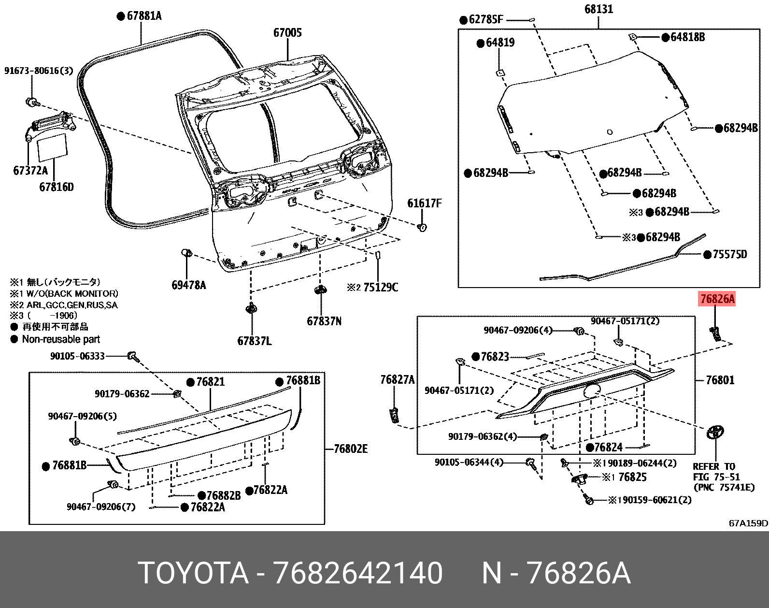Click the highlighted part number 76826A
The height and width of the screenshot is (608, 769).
(717, 299)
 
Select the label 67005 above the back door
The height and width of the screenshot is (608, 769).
(287, 33)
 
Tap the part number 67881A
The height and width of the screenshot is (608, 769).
(144, 16)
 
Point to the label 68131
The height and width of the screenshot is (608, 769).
(598, 9)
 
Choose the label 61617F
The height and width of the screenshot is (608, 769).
(424, 203)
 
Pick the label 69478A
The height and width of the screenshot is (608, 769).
(188, 285)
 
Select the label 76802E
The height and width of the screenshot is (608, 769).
(350, 449)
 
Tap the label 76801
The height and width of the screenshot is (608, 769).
(720, 380)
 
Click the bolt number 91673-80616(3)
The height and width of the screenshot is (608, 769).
(39, 71)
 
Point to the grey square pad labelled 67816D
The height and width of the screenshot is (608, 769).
(52, 146)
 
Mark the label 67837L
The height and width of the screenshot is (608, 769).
(254, 341)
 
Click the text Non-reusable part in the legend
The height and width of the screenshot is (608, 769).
(61, 339)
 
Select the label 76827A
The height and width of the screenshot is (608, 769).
(397, 380)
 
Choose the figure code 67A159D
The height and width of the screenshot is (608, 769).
(748, 523)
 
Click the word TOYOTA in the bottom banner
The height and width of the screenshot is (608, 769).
(193, 573)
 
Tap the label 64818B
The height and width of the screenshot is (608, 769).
(687, 37)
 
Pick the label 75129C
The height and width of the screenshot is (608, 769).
(380, 288)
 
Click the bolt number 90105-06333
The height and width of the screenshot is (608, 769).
(77, 356)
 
